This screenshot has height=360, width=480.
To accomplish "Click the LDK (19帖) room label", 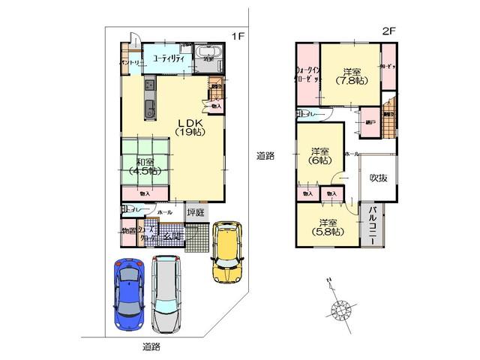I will (x=186, y=127).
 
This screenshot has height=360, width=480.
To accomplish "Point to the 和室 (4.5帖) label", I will (x=145, y=166).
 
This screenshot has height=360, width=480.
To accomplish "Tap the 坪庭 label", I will (x=194, y=211).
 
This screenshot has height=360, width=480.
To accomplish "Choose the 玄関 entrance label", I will (x=171, y=236).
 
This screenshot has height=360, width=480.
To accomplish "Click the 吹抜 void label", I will (x=378, y=179).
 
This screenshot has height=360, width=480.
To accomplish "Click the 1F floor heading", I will (x=237, y=36).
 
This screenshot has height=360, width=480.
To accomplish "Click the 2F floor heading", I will (x=388, y=31).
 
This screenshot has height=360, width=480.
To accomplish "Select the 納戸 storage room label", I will (x=369, y=121).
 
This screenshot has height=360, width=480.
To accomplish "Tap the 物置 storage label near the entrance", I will (x=128, y=231).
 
